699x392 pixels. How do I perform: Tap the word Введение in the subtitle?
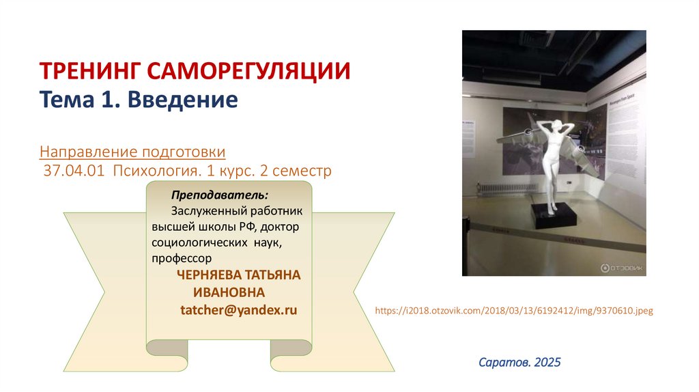[190, 101]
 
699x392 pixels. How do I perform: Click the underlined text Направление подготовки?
[132, 150]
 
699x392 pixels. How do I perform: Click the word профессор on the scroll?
[182, 258]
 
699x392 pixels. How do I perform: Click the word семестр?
[304, 170]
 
